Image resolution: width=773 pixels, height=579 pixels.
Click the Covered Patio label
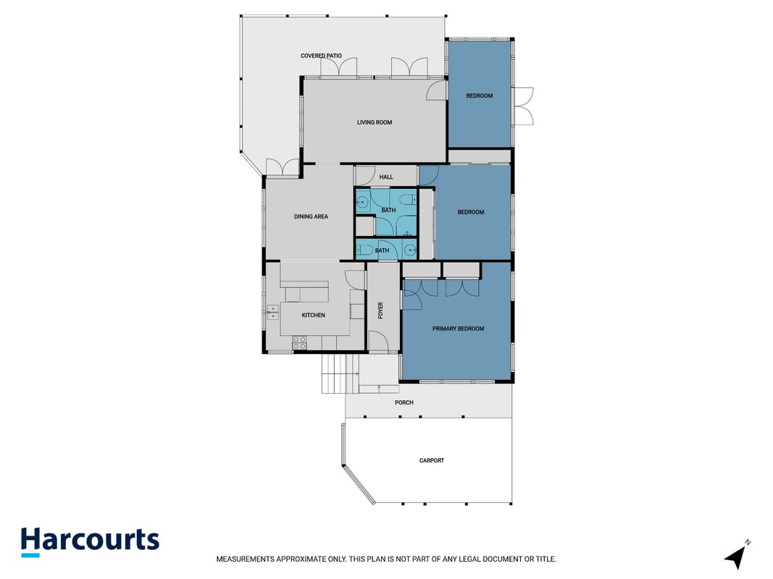[x=321, y=56]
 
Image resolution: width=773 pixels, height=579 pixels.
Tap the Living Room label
[x=374, y=122]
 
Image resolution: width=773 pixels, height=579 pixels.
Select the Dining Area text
[x=311, y=216]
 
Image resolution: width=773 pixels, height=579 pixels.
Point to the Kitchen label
[x=313, y=315]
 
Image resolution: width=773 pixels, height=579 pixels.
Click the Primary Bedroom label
[x=458, y=329]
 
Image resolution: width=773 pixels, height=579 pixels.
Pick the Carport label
[x=431, y=460]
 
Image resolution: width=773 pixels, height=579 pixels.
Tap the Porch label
[x=404, y=402]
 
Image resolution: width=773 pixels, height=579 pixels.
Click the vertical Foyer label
[x=380, y=310]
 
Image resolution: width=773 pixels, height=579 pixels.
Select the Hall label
[x=386, y=177]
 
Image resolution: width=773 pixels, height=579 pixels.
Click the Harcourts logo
[x=91, y=541]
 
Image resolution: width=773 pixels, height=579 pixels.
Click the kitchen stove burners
[x=299, y=342]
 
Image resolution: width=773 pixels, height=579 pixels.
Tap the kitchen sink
[x=272, y=312]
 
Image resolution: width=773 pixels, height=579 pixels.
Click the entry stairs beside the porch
[x=340, y=373]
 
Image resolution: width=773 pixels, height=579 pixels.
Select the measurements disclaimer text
[x=386, y=559]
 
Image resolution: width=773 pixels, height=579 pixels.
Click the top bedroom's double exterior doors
[x=524, y=106]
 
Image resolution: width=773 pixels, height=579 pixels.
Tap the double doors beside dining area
[x=283, y=166]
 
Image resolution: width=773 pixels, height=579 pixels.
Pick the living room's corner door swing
[x=436, y=90]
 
